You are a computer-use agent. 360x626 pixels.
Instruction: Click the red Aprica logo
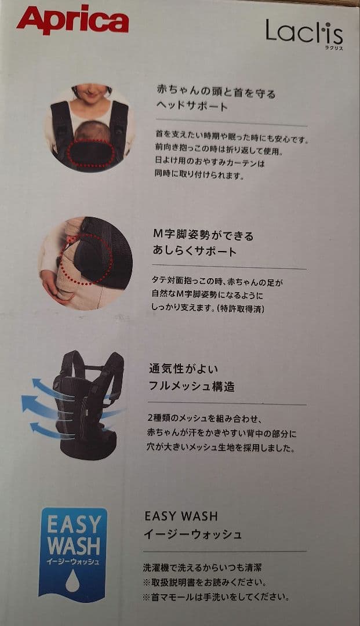click(72, 21)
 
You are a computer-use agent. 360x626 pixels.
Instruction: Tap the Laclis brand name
click(303, 32)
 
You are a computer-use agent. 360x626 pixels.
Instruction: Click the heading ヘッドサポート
click(192, 107)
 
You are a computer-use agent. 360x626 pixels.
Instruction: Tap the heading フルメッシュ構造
click(192, 387)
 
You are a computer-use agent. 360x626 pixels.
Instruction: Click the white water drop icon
click(72, 581)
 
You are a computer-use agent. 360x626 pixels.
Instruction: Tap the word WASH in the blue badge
click(73, 545)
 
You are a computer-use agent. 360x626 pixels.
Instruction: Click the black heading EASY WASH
click(180, 516)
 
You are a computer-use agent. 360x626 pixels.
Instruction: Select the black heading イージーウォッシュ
click(192, 534)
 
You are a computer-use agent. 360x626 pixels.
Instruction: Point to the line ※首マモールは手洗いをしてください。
click(216, 596)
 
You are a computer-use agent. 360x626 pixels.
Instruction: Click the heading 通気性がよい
click(175, 369)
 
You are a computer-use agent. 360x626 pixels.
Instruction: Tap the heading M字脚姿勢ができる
click(203, 235)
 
